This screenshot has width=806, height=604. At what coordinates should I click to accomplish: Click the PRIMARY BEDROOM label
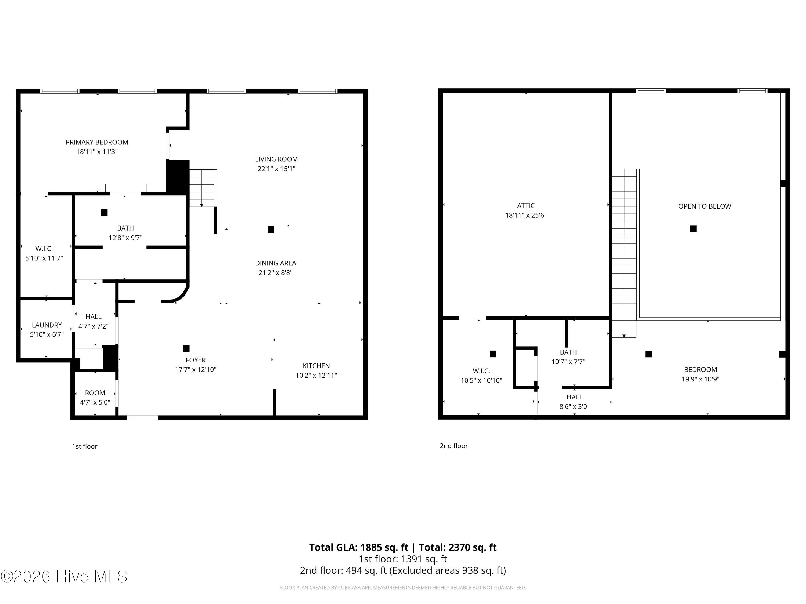point(97,142)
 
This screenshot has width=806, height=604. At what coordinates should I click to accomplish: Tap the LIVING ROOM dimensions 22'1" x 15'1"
point(276,169)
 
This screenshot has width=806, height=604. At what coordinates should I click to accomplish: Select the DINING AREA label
point(275,263)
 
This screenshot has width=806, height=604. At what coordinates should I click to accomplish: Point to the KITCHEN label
point(316,366)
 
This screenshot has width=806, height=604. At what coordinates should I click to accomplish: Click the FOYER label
point(196,360)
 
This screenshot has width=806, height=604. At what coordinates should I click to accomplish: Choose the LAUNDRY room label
point(47,325)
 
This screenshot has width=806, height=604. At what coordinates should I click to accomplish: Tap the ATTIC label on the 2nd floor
point(526,206)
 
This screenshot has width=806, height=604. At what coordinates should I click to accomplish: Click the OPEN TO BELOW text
point(705,206)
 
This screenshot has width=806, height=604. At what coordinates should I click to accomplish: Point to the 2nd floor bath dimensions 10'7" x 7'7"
point(568,362)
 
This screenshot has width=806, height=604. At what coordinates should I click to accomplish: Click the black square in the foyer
point(186,348)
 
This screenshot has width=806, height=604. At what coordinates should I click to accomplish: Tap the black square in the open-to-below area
point(693,229)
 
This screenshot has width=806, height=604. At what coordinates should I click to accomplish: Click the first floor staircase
point(203,188)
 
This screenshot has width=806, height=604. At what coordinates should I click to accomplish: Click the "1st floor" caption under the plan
point(85,446)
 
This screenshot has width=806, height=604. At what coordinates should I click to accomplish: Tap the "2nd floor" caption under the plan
point(454,446)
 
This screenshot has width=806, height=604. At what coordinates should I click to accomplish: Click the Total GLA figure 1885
point(371,547)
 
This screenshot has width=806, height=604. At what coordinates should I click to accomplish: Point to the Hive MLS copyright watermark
point(64,576)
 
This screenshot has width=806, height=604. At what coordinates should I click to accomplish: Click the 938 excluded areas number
point(452,570)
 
